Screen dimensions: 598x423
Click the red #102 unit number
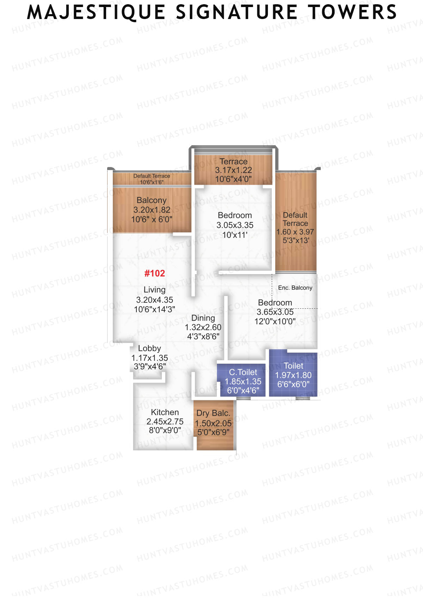[x=155, y=273]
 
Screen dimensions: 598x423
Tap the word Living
[x=154, y=290]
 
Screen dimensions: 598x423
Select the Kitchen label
[x=165, y=412]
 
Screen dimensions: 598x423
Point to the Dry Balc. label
[x=213, y=413]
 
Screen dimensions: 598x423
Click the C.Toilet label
[x=243, y=372]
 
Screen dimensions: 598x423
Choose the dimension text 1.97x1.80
[x=293, y=375]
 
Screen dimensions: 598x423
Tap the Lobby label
[x=149, y=349]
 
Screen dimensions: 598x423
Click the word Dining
[x=203, y=318]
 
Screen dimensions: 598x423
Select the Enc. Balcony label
[x=295, y=288]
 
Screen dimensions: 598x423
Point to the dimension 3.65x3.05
[x=275, y=312]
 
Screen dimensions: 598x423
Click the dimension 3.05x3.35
[x=235, y=225]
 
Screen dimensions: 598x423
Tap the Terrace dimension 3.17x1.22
[x=233, y=170]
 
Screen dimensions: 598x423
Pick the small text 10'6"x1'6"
[x=152, y=182]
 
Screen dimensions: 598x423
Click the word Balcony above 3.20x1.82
[x=152, y=200]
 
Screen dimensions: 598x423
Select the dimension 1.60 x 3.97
[x=295, y=232]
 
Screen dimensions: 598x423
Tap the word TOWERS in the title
[x=352, y=12]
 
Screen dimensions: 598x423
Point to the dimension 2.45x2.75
[x=165, y=421]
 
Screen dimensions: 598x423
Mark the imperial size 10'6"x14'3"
[x=154, y=309]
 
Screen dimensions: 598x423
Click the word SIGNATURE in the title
[x=237, y=12]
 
